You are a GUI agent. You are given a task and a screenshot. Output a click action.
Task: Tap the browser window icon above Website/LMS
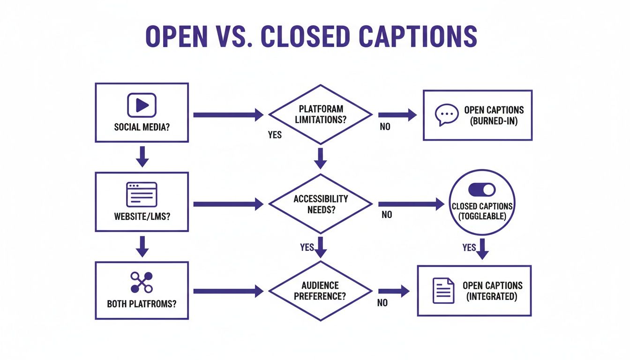point(142,194)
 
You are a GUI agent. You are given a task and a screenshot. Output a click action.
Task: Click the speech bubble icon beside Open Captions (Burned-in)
point(446,115)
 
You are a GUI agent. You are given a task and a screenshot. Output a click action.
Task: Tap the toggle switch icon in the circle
point(482,189)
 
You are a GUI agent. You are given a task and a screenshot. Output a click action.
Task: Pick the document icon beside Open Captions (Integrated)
point(443,291)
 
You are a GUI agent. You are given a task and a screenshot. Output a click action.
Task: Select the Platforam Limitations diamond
point(320,114)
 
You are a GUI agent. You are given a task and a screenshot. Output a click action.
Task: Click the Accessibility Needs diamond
point(320,204)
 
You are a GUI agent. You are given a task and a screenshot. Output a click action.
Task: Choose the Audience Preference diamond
point(320,291)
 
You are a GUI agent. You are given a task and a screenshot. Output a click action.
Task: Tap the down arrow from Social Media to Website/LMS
point(142,157)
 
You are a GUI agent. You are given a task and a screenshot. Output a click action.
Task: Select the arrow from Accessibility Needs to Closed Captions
point(411,204)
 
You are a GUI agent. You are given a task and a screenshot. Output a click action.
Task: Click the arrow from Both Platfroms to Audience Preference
point(228,291)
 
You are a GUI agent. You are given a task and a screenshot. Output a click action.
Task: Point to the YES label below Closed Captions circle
point(469,247)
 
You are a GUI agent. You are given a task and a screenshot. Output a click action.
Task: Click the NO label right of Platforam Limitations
point(385,127)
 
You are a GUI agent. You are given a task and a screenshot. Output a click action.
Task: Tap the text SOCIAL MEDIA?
point(142,127)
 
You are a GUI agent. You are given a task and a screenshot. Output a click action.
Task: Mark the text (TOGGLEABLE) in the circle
point(482,216)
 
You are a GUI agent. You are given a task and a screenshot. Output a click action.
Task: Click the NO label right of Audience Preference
point(382,303)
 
